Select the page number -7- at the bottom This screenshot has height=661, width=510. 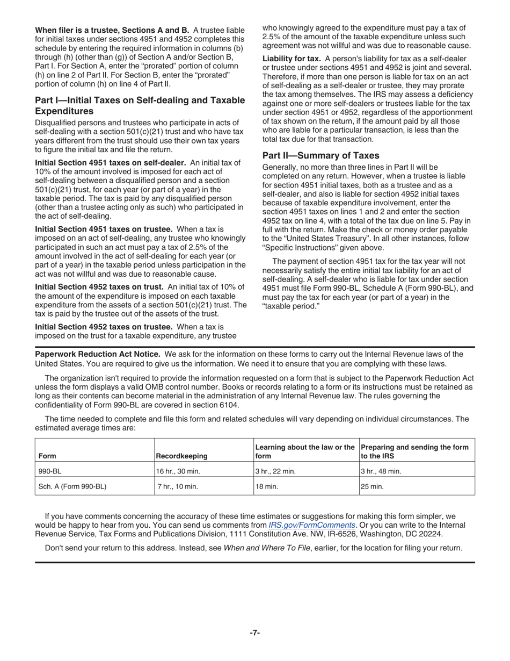(x=254, y=633)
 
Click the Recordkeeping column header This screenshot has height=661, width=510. (x=181, y=456)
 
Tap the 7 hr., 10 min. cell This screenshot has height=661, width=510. (x=178, y=487)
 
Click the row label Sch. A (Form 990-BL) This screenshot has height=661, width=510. (x=72, y=487)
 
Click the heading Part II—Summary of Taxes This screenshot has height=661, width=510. (x=320, y=156)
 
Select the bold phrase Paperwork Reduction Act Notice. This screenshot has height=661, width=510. (x=97, y=354)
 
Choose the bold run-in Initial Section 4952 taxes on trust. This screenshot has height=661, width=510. (x=100, y=287)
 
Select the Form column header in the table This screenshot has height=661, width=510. (x=47, y=456)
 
